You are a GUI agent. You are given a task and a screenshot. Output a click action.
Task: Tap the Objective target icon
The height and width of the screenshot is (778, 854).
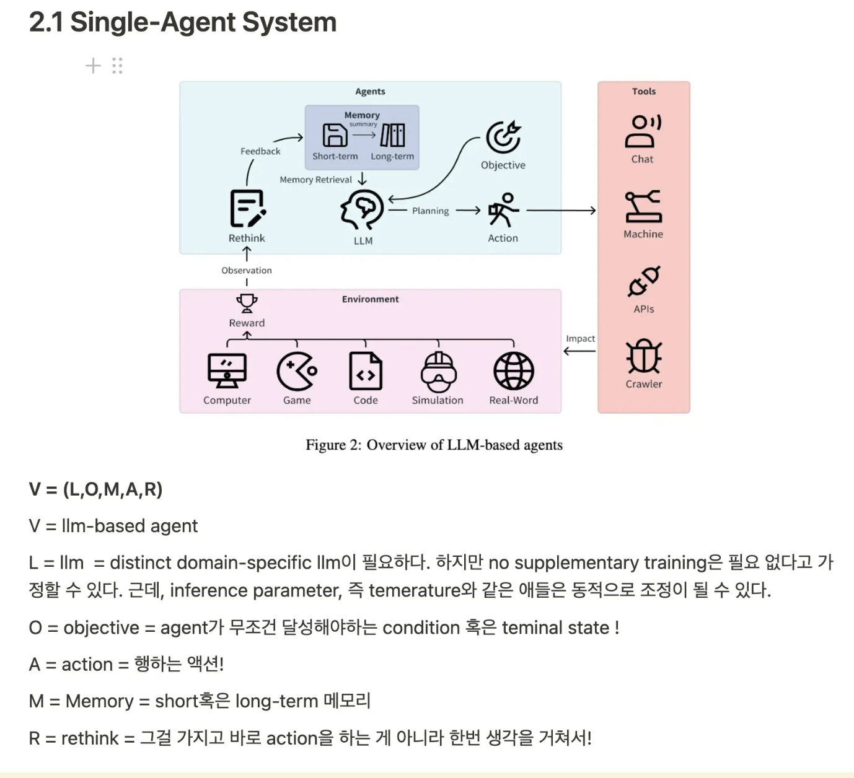(503, 137)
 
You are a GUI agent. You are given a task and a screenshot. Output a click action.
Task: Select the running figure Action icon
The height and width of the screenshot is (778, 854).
(503, 210)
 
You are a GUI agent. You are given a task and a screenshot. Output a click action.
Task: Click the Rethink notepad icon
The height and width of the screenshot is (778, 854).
(247, 209)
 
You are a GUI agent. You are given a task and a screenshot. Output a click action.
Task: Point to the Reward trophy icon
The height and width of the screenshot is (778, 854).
(247, 304)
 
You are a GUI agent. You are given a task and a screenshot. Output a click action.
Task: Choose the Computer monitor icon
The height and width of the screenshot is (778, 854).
(227, 371)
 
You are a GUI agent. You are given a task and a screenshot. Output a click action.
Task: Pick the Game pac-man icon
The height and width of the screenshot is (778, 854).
(297, 371)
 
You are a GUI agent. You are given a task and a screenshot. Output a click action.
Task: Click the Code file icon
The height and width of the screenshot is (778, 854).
(366, 371)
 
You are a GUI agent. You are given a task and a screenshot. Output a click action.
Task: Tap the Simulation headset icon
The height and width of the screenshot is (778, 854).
(438, 371)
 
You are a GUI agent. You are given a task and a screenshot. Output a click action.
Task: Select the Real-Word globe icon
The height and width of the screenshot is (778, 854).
(513, 371)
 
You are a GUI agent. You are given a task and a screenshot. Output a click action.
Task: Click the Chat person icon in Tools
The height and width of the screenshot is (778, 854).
(643, 131)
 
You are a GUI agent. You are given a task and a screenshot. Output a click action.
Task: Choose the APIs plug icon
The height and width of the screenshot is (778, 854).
(644, 282)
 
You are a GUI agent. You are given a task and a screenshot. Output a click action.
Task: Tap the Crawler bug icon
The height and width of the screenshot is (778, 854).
(644, 356)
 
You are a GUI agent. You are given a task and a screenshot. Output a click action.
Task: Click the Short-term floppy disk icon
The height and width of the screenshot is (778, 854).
(335, 135)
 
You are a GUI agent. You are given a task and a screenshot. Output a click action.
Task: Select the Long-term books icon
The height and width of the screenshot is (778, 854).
(393, 135)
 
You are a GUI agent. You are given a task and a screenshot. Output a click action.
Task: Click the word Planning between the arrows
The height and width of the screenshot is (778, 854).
(430, 211)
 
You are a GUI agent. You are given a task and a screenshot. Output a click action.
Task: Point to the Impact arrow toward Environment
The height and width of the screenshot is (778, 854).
(579, 351)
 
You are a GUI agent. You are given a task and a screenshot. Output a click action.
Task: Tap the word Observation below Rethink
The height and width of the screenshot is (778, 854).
(247, 270)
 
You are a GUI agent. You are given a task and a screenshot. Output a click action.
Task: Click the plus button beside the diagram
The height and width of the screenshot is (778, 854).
(93, 66)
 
